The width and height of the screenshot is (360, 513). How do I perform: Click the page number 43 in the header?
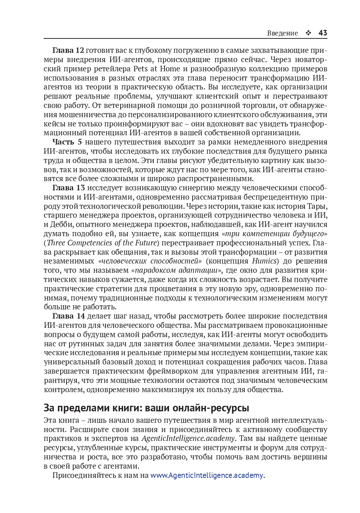[323, 33]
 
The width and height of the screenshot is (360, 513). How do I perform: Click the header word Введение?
[282, 33]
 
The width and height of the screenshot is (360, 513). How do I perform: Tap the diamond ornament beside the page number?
[308, 33]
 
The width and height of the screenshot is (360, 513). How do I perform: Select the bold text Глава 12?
[68, 50]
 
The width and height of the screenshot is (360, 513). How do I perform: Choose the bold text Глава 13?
[68, 188]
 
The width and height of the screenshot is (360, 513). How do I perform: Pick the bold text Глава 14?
[68, 316]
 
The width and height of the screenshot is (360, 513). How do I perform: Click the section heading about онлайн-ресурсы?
[146, 408]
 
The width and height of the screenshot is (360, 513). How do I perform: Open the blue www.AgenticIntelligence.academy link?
[207, 475]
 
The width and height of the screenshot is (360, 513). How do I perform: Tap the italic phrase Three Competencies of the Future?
[102, 243]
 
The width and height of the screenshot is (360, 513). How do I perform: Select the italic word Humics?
[264, 261]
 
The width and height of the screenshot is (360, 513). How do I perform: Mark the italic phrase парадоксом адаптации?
[176, 270]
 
